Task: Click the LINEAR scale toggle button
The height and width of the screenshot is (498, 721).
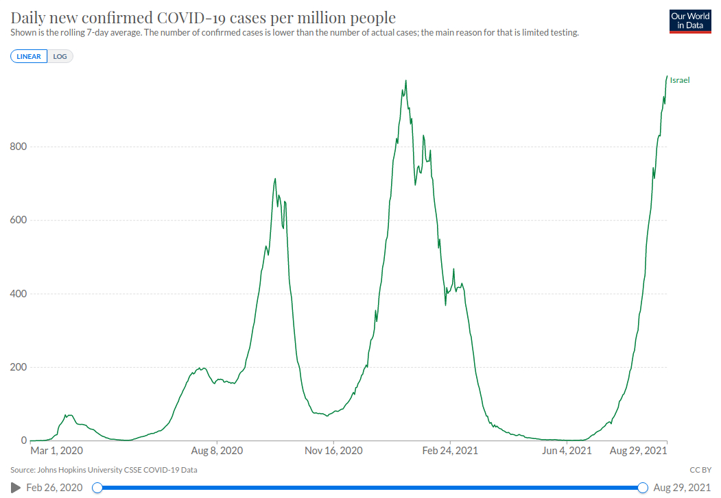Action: (29, 56)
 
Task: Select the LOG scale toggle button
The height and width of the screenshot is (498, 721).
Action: (60, 56)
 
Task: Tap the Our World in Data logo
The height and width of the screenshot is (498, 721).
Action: (690, 21)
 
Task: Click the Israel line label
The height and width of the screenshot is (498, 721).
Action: (679, 80)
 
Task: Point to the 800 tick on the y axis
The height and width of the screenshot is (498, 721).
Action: (19, 147)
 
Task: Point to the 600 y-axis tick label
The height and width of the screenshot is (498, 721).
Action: (19, 220)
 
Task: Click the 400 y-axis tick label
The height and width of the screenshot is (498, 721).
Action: (19, 294)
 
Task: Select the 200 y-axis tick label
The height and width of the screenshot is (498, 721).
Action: (19, 367)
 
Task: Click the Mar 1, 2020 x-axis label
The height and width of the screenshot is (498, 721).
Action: (57, 451)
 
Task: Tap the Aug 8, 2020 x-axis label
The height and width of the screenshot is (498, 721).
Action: (217, 451)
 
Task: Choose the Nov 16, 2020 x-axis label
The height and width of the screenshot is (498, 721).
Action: (333, 451)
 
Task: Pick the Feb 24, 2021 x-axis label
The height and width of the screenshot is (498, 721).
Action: (450, 451)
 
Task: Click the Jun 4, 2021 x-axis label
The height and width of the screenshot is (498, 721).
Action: (567, 451)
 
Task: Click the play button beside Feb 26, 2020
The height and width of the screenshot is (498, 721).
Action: (16, 487)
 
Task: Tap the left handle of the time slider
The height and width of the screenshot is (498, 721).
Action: (97, 487)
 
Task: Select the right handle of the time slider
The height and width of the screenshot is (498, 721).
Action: (643, 487)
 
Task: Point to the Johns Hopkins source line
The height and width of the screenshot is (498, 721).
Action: (104, 470)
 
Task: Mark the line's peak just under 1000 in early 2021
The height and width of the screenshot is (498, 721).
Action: (406, 81)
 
